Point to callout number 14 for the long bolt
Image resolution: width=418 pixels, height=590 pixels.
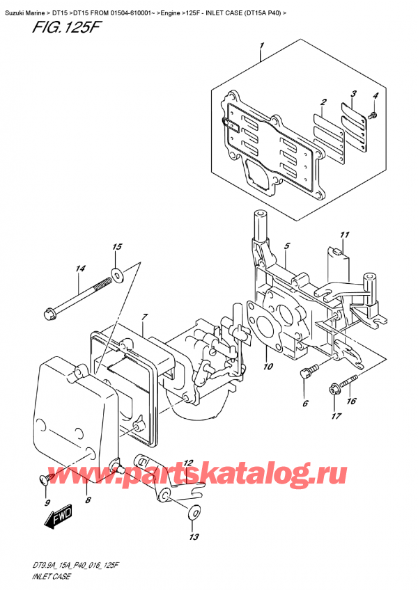tap(81, 269)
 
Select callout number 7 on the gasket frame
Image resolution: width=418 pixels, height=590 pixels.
tap(144, 317)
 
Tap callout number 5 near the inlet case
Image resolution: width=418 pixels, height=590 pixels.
tap(286, 246)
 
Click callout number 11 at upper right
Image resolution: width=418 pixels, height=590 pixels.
tap(343, 234)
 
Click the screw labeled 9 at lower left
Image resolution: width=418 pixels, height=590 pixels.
tap(45, 479)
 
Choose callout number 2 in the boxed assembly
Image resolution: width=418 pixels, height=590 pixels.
tap(323, 103)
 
